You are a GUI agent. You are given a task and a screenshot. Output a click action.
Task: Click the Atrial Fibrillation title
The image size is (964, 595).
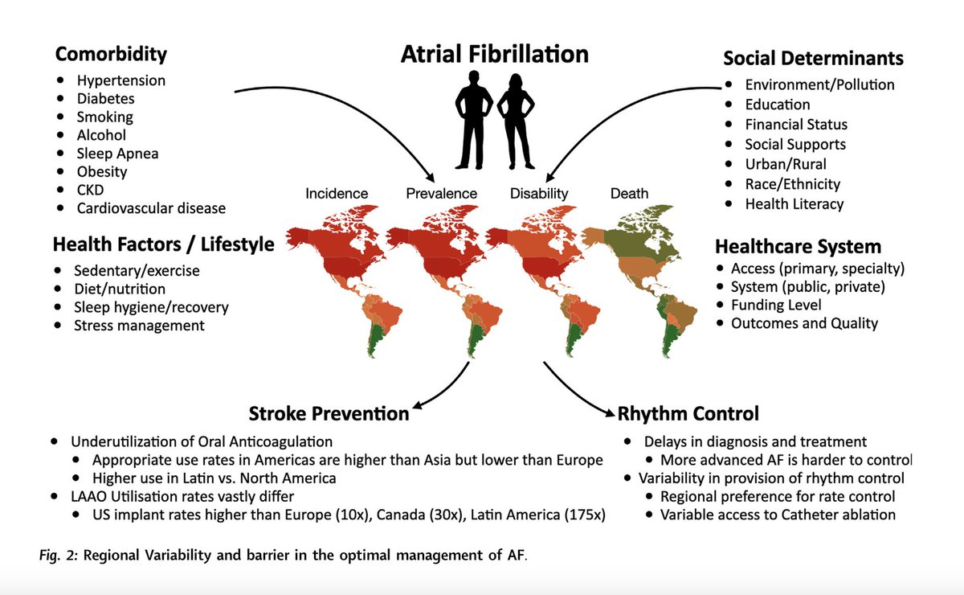[495, 54]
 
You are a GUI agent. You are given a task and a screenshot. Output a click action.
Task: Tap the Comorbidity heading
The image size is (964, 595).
[111, 55]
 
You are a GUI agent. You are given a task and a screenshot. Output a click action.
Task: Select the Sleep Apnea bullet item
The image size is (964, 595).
[117, 154]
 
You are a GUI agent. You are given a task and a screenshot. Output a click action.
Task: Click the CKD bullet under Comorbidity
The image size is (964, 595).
[91, 190]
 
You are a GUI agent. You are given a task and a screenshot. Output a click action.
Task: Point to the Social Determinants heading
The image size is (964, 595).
[813, 58]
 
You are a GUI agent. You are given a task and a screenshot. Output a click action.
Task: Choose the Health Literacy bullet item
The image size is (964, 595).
[794, 204]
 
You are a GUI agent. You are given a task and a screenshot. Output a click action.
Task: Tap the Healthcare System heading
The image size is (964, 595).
[798, 246]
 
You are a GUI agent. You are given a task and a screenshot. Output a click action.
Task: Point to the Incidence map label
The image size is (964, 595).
[337, 193]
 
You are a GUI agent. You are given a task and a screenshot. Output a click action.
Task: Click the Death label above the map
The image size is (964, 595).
[630, 193]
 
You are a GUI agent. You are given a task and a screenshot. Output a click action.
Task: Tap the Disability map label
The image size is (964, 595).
[539, 193]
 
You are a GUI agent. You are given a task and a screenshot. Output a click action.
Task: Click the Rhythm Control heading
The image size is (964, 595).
[688, 414]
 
